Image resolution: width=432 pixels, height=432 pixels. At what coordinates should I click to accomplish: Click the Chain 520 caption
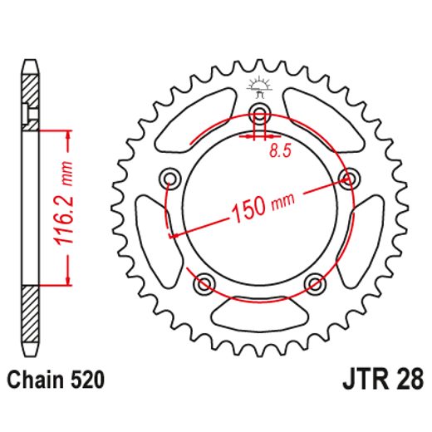coord(56,381)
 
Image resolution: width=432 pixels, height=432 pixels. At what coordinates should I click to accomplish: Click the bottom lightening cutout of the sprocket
coord(258,314)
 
